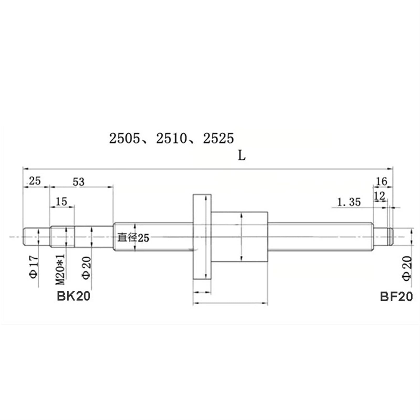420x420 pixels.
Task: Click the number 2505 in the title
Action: click(x=125, y=138)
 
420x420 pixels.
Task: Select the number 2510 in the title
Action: click(x=171, y=138)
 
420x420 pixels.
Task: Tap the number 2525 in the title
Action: click(x=218, y=138)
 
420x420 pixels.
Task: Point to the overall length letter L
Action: click(x=241, y=156)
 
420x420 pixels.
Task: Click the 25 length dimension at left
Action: click(x=35, y=181)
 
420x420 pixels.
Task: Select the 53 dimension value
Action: click(x=78, y=182)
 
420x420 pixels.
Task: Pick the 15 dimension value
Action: click(x=61, y=202)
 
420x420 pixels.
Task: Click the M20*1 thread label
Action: click(x=60, y=269)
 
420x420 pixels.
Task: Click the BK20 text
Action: click(x=73, y=296)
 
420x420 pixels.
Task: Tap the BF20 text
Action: click(x=396, y=297)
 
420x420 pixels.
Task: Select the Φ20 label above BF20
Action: click(x=407, y=268)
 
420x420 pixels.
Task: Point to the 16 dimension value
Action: click(x=381, y=181)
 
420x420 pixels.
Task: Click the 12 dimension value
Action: click(x=380, y=196)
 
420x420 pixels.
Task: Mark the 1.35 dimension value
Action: click(x=349, y=202)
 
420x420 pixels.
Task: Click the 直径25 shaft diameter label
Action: click(x=133, y=238)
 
